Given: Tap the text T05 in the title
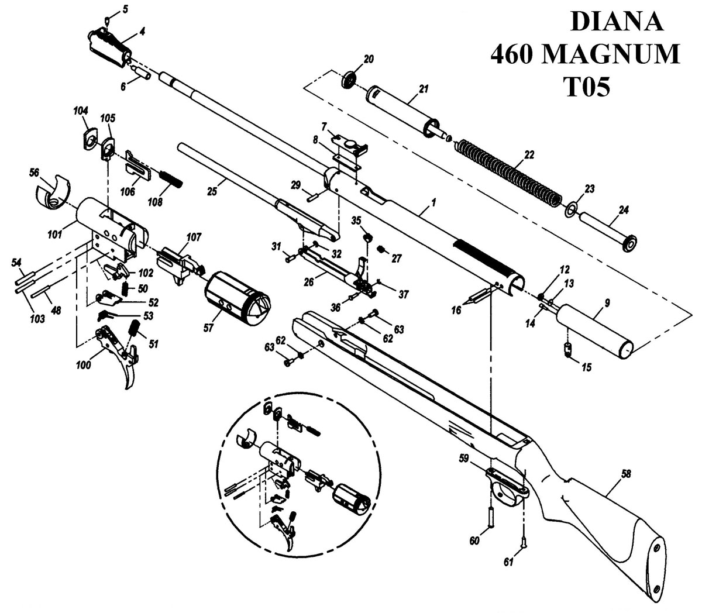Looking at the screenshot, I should [587, 87].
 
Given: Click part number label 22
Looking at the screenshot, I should [529, 155].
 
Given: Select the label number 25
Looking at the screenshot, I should [213, 191].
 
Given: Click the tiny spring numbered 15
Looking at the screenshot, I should [568, 352].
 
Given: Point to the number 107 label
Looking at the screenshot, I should [194, 237].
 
